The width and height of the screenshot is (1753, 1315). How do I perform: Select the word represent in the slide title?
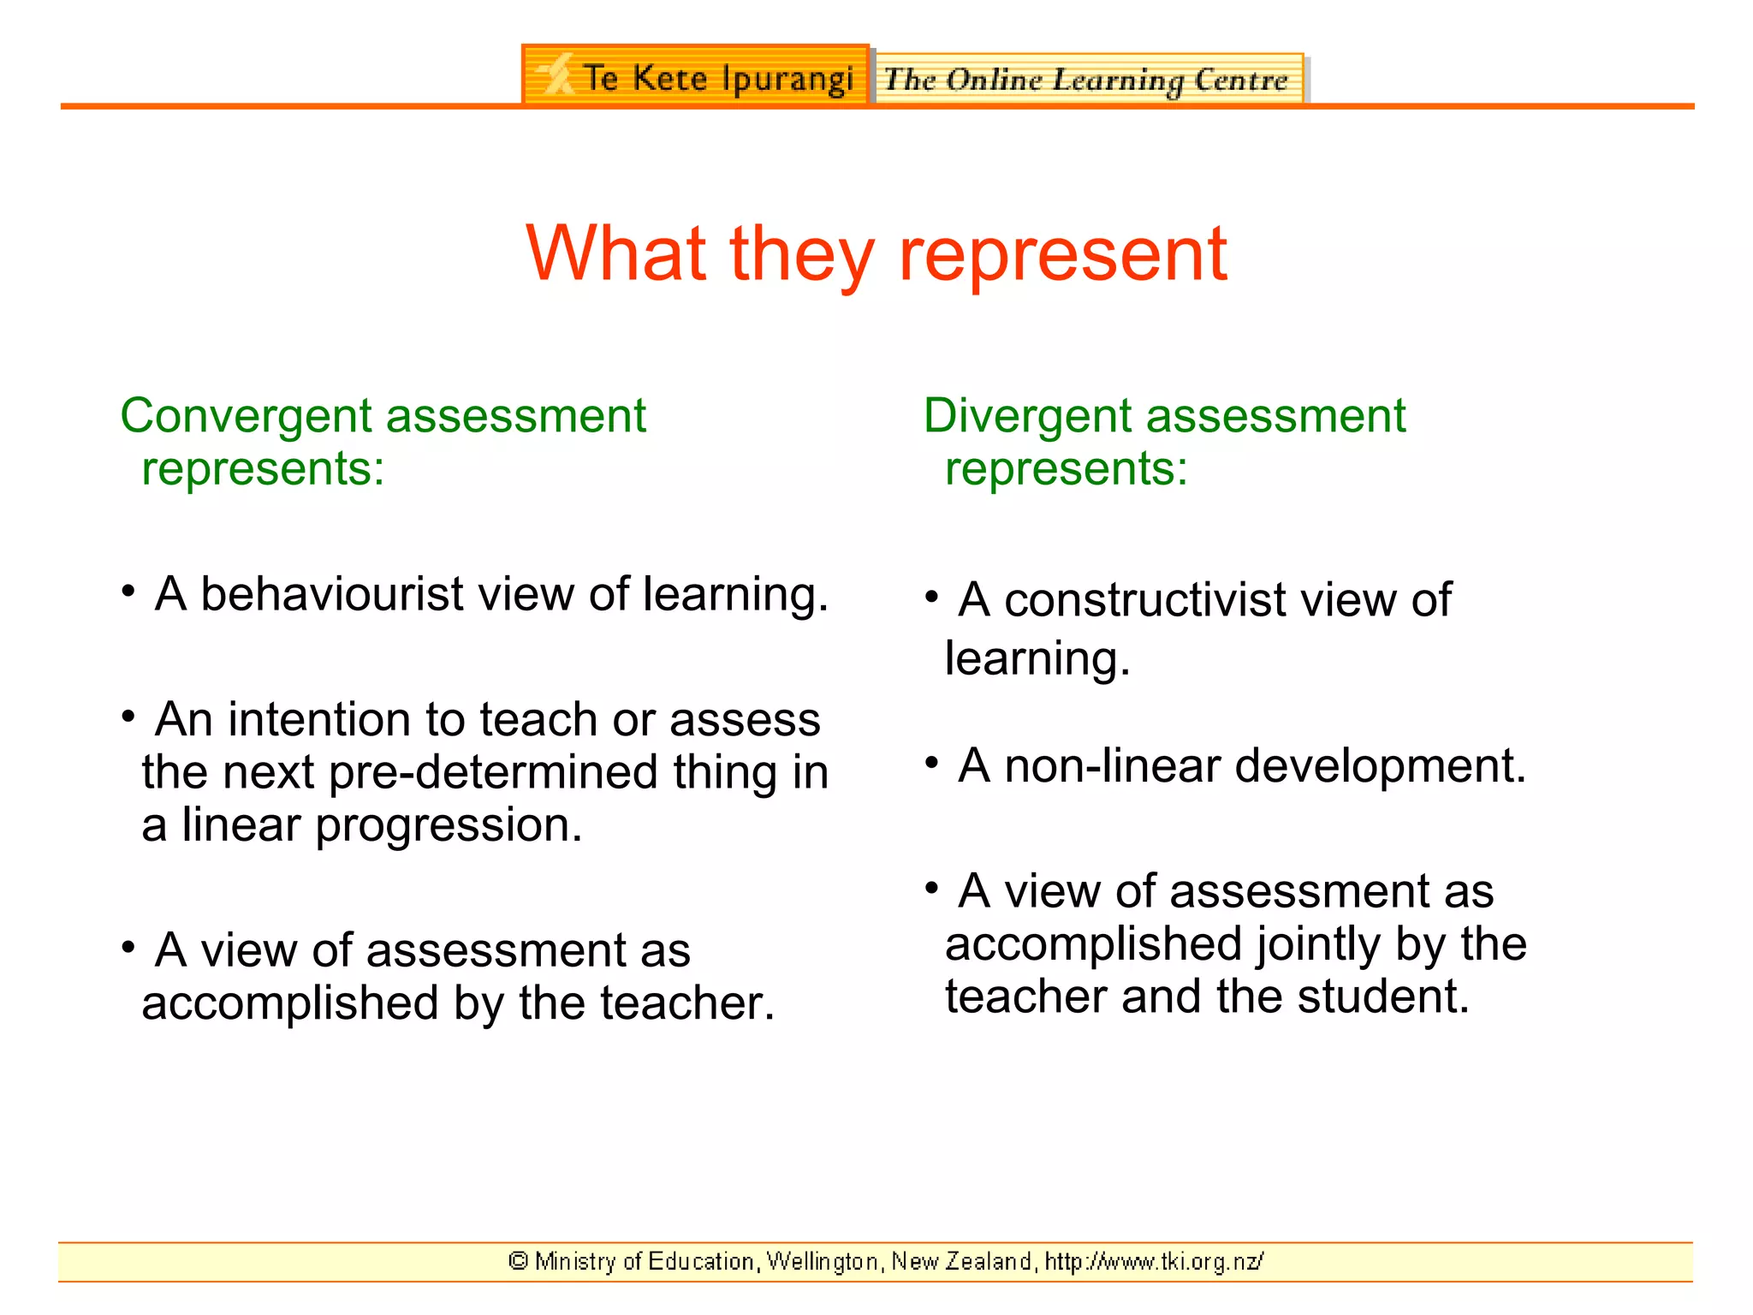1062,255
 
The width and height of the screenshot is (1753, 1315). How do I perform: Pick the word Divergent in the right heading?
1026,417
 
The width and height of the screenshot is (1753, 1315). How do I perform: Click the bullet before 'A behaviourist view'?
128,591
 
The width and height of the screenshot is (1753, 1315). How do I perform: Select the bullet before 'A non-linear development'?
932,762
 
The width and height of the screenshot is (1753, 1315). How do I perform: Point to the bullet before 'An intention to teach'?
128,716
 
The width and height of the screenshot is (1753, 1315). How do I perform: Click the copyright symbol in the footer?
518,1261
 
